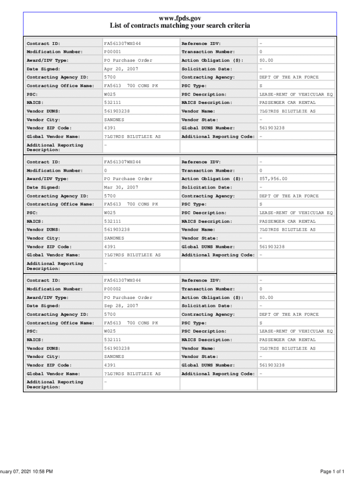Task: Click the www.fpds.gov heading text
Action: tap(180, 18)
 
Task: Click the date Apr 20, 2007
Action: tap(121, 69)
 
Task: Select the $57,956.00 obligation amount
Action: tap(274, 179)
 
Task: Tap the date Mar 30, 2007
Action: tap(121, 187)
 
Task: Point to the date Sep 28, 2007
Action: tap(121, 306)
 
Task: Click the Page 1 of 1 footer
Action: tap(332, 471)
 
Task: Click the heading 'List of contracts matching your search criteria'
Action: tap(180, 26)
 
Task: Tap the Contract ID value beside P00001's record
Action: tap(122, 44)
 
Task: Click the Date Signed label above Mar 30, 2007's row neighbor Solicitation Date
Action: tap(43, 187)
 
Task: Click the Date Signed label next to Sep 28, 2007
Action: tap(43, 306)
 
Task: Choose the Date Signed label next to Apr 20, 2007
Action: tap(43, 69)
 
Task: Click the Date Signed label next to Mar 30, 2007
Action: tap(43, 187)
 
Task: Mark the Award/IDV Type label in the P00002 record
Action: tap(48, 298)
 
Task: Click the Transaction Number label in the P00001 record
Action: tap(208, 52)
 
